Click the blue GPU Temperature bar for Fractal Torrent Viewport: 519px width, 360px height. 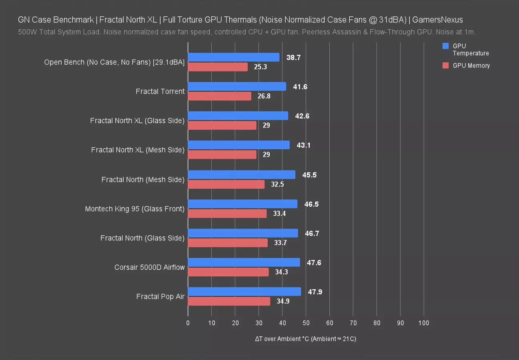(x=237, y=86)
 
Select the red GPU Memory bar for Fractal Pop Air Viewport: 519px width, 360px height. (x=229, y=301)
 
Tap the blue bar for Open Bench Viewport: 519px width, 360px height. (x=234, y=57)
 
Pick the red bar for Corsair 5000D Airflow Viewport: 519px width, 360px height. (x=228, y=272)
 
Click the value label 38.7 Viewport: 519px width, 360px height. (x=293, y=58)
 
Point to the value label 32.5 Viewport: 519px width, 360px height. (x=277, y=184)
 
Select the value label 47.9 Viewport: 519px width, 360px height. (x=315, y=292)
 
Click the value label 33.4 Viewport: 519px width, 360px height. (x=279, y=214)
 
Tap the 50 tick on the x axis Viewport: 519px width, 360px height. (x=306, y=323)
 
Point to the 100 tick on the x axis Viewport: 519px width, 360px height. (x=423, y=323)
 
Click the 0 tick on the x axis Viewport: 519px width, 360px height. (x=188, y=323)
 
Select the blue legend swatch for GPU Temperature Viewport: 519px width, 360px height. (x=446, y=46)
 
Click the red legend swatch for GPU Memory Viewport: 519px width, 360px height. (x=446, y=66)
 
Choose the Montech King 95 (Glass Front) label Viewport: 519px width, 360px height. (x=134, y=209)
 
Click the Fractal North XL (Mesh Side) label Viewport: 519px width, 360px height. (x=138, y=150)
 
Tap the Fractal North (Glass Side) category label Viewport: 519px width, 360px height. (x=142, y=238)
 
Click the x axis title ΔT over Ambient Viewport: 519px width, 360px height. (x=305, y=339)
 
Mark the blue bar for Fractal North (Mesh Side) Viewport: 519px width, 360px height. (x=242, y=174)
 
